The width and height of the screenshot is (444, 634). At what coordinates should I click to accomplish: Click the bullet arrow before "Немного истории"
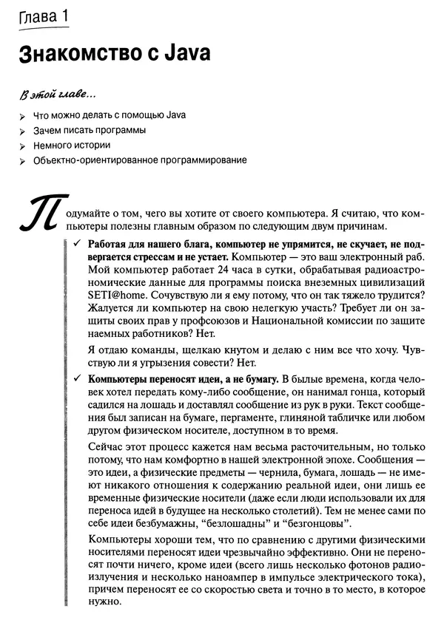[x=24, y=146]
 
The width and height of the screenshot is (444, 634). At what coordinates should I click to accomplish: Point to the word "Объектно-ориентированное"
[x=90, y=160]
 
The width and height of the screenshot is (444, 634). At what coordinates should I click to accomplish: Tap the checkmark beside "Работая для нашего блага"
[x=76, y=243]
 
